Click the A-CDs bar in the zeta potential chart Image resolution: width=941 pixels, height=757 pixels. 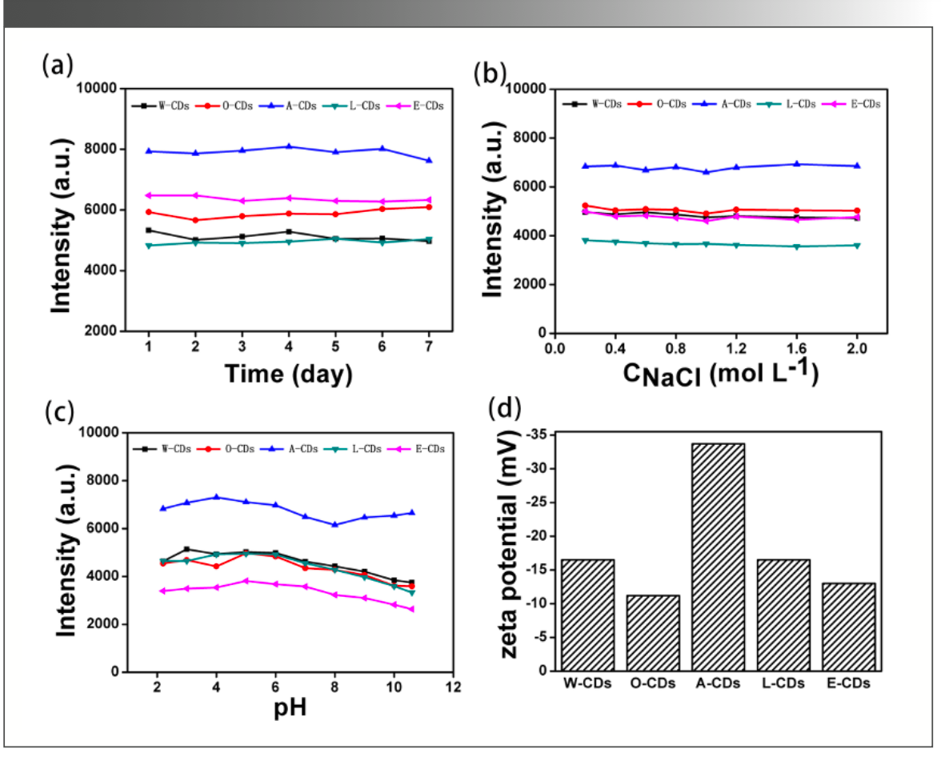[718, 557]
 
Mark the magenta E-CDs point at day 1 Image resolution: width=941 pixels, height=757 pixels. [148, 195]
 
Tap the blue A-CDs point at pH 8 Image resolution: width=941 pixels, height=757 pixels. [334, 524]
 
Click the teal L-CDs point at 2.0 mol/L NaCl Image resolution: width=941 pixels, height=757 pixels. [857, 246]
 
